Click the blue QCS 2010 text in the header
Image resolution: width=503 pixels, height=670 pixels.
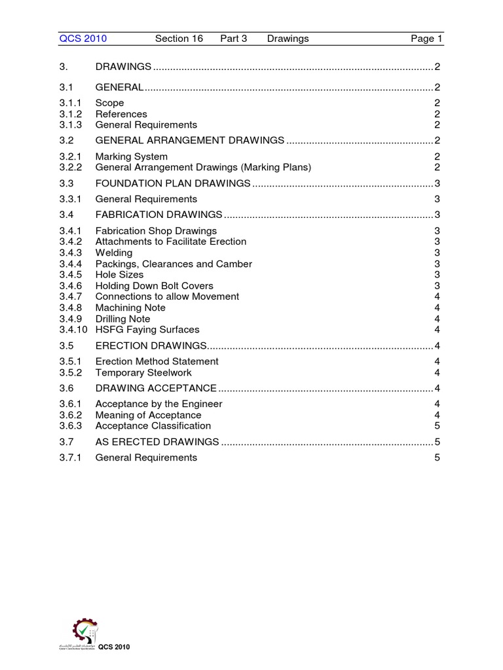tap(83, 39)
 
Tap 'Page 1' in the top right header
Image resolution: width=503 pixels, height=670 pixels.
tap(426, 39)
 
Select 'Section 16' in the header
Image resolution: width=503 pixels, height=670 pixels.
tap(179, 39)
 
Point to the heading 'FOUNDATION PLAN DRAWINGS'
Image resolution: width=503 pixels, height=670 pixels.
tap(173, 183)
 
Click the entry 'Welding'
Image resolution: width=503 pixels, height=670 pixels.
tap(114, 253)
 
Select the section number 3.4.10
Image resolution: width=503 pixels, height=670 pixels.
tap(73, 330)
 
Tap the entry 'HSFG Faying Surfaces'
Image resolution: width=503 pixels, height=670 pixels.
tap(147, 330)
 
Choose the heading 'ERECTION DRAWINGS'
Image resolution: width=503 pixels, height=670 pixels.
tap(152, 345)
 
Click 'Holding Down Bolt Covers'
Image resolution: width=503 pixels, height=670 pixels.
tap(155, 286)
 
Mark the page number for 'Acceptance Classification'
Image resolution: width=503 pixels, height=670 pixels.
tap(437, 426)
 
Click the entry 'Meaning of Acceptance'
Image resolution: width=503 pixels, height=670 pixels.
tap(149, 415)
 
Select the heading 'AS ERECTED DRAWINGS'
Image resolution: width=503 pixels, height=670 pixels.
tap(157, 442)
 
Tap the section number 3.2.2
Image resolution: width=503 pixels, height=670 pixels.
tap(70, 167)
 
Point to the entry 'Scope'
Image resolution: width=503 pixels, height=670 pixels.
tap(109, 103)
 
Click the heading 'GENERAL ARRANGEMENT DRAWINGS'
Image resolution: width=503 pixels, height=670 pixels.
tap(190, 141)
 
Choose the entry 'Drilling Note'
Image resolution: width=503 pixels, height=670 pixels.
tap(122, 319)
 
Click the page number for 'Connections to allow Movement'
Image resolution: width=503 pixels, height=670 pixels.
tap(437, 296)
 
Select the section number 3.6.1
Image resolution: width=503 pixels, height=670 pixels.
tap(70, 404)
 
